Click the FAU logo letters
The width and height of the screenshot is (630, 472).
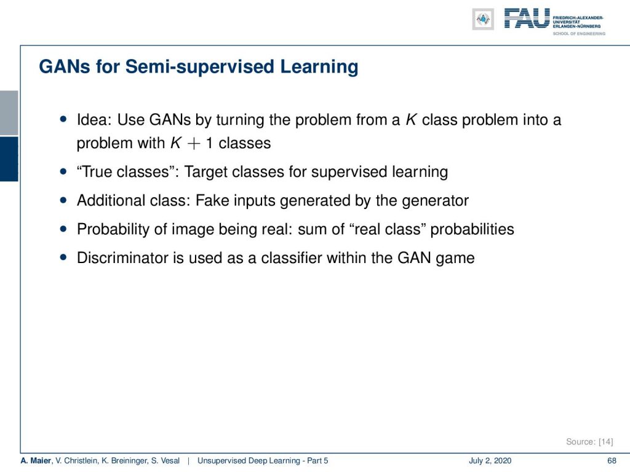coord(527,18)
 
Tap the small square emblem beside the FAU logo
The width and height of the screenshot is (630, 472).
coord(483,19)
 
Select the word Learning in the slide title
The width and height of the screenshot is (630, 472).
coord(319,66)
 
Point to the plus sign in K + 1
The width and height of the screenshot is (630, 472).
coord(194,144)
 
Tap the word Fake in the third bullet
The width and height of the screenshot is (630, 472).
coord(212,200)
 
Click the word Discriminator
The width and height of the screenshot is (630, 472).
coord(123,258)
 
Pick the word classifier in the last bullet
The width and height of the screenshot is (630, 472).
coord(291,258)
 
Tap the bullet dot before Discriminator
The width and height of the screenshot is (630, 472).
coord(63,258)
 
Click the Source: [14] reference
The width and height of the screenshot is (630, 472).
coord(589,442)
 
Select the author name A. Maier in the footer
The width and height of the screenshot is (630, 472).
coord(36,461)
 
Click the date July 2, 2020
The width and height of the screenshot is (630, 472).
coord(490,461)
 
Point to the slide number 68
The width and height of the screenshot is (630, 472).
coord(612,461)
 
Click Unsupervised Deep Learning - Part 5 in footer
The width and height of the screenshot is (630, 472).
coord(263,461)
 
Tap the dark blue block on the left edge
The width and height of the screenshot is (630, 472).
coord(9,159)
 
